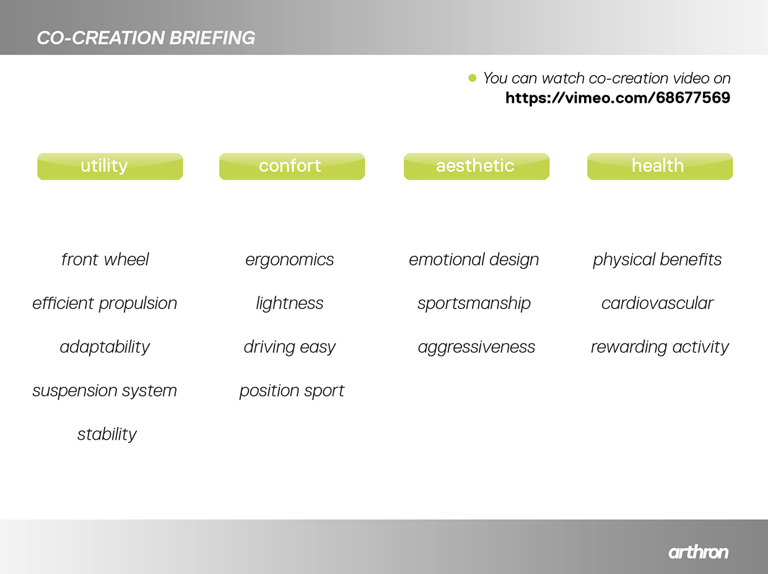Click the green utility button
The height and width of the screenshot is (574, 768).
tap(110, 167)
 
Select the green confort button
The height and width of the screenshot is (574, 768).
tap(292, 167)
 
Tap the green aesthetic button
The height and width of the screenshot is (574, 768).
tap(476, 167)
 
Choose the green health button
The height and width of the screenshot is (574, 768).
tap(660, 167)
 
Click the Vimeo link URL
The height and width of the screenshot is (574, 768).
tap(617, 98)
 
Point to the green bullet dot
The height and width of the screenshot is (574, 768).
tap(472, 78)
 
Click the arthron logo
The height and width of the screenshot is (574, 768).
tap(698, 552)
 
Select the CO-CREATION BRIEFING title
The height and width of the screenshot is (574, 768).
tap(146, 38)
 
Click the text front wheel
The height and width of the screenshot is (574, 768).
tap(105, 259)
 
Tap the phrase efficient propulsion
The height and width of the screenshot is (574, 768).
tap(105, 303)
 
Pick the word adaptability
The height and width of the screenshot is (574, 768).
tap(105, 347)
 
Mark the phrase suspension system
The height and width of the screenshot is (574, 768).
tap(105, 391)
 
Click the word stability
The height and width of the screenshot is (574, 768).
tap(107, 434)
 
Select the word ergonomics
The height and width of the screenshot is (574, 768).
tap(289, 259)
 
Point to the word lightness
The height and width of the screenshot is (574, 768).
tap(289, 303)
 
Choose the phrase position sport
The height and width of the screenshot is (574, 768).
tap(292, 391)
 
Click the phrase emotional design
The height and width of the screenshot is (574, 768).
tap(474, 259)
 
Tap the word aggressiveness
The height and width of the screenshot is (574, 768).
tap(476, 347)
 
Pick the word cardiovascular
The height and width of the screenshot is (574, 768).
tap(657, 303)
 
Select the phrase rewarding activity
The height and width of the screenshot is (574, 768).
tap(660, 347)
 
